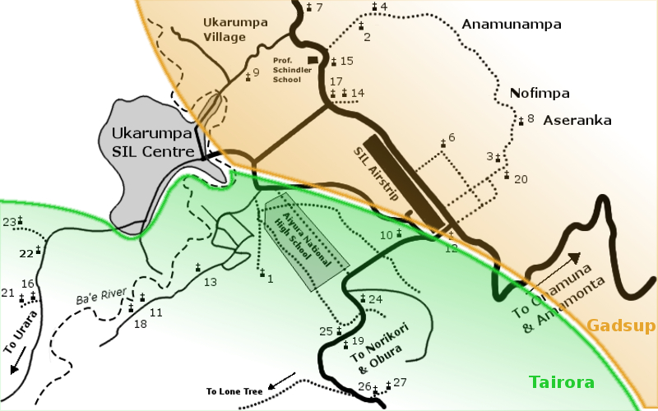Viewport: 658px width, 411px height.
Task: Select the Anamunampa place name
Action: coord(511,25)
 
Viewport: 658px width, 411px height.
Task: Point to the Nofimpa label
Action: coord(540,93)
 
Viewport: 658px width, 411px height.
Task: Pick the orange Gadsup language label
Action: coord(621,326)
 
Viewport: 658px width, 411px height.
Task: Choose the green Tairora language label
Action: coord(561,383)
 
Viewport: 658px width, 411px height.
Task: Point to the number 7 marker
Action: coord(309,7)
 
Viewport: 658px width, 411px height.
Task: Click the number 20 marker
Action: coord(507,176)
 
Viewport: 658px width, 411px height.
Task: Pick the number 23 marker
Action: coord(19,220)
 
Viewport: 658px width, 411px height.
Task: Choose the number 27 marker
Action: coord(388,385)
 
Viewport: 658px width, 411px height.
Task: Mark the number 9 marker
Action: coord(248,76)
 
